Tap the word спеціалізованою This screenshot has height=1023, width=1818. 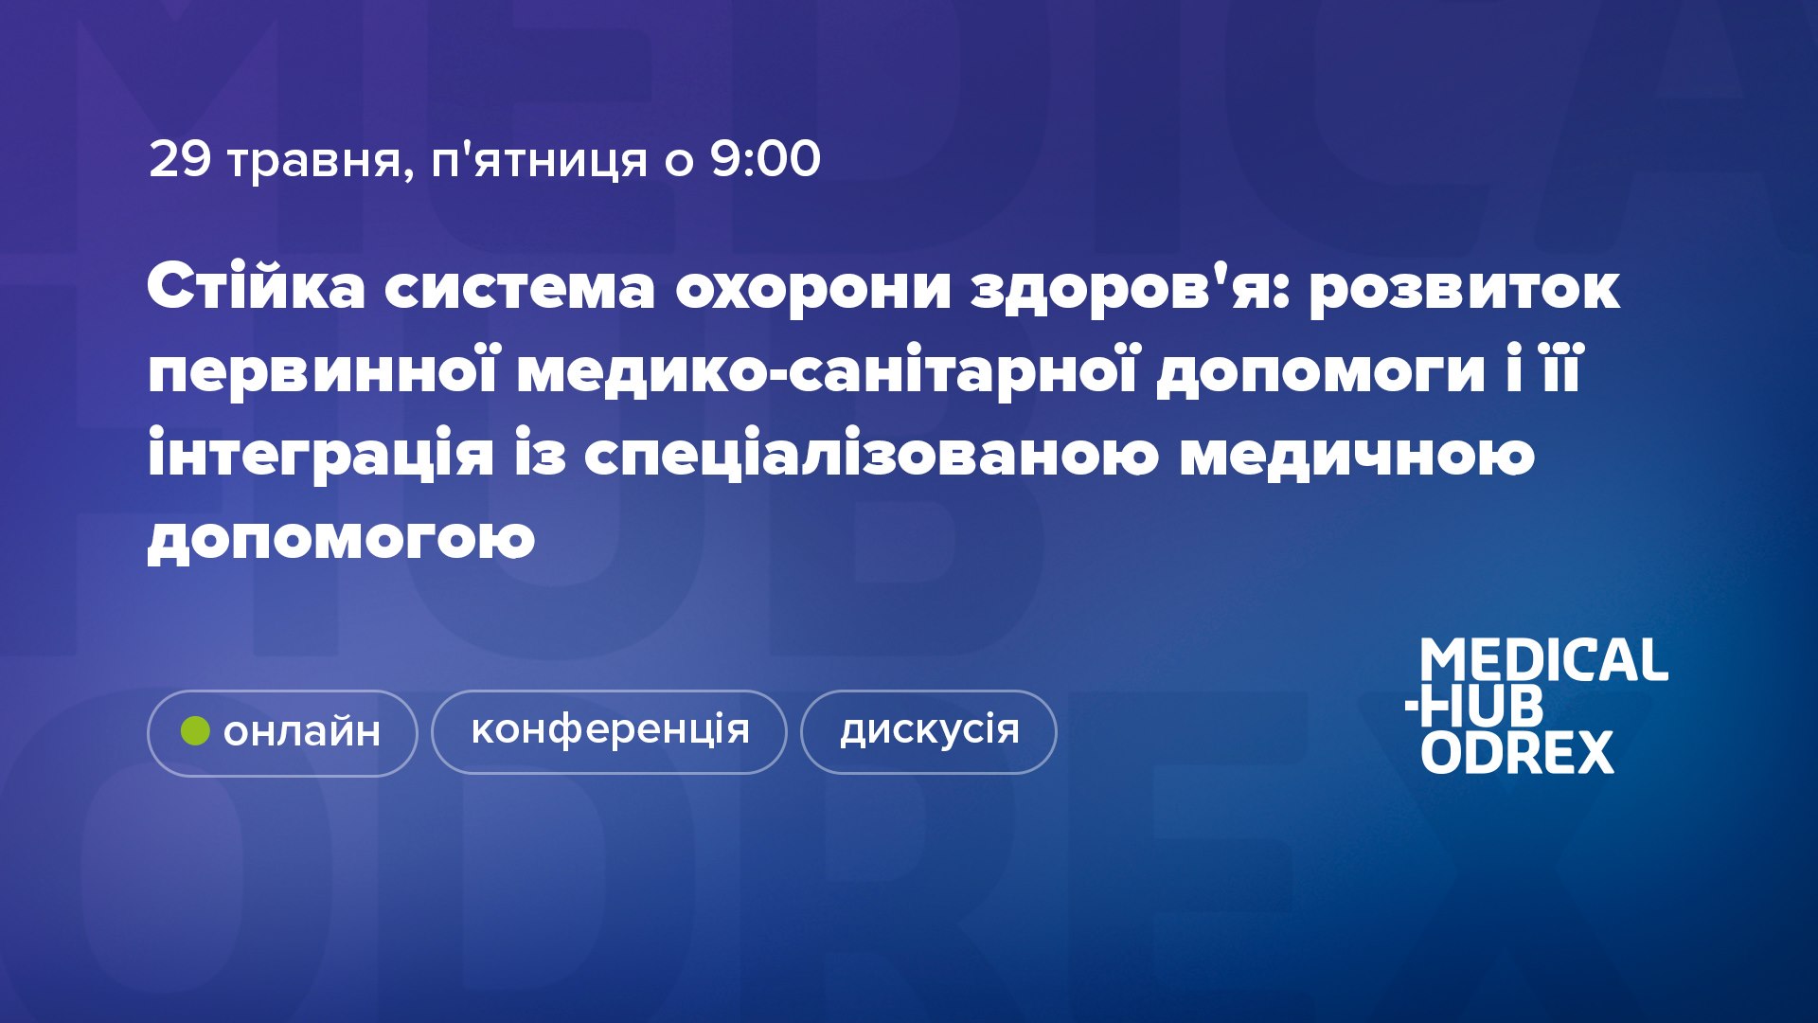click(870, 456)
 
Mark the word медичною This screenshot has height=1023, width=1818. click(1356, 456)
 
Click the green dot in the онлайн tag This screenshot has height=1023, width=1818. click(195, 731)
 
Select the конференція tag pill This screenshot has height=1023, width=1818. click(609, 732)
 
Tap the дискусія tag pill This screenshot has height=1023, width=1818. click(929, 732)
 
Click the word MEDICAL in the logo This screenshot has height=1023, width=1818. click(1543, 660)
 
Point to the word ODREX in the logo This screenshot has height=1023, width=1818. click(1517, 752)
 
